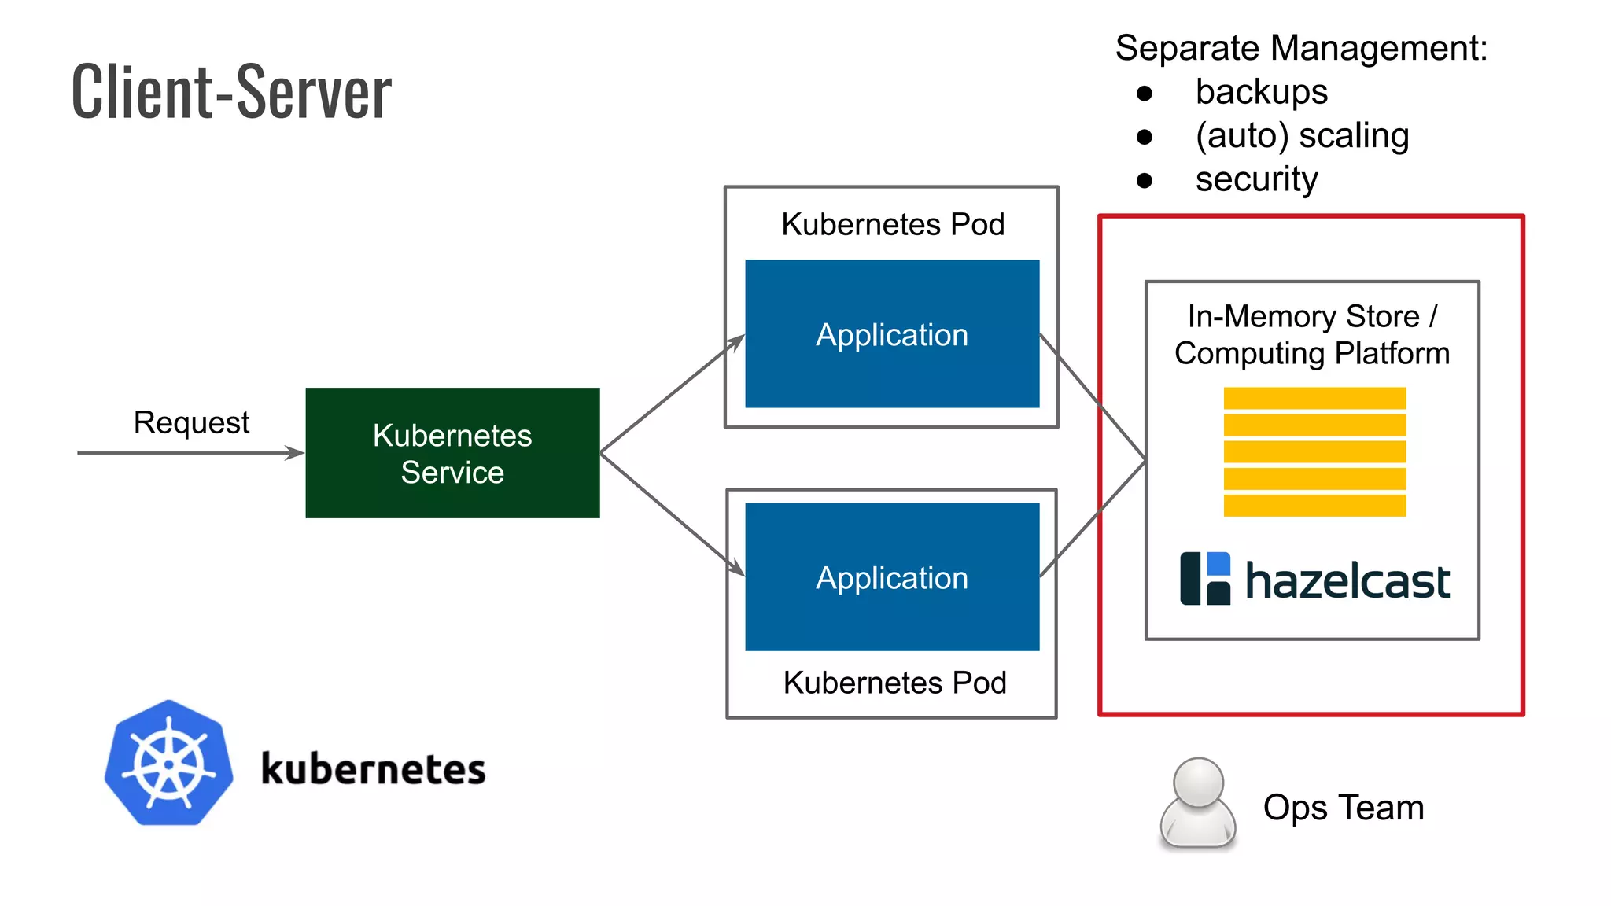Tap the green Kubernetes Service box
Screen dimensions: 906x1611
click(452, 453)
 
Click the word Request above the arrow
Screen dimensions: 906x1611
click(191, 423)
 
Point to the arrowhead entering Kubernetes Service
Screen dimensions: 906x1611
click(296, 453)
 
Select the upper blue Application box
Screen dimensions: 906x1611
click(892, 334)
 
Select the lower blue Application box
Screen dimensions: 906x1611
click(892, 577)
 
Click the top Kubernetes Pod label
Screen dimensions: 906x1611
click(893, 225)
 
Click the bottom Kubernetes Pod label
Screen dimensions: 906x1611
click(894, 683)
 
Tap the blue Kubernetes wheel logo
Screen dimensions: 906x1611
click(168, 764)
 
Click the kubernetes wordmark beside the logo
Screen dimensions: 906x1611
click(373, 768)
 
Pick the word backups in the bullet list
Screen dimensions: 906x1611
click(1261, 92)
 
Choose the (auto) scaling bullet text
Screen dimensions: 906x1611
click(1302, 136)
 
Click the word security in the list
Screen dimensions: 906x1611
click(1256, 179)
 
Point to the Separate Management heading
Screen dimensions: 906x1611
click(1301, 49)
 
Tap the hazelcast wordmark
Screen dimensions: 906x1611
click(1347, 582)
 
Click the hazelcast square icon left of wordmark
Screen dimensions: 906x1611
click(1204, 579)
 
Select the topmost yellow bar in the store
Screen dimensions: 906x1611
click(1314, 399)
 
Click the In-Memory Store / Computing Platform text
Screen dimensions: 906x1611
click(1312, 335)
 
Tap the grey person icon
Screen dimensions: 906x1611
click(1197, 804)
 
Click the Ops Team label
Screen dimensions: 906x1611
click(1344, 808)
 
